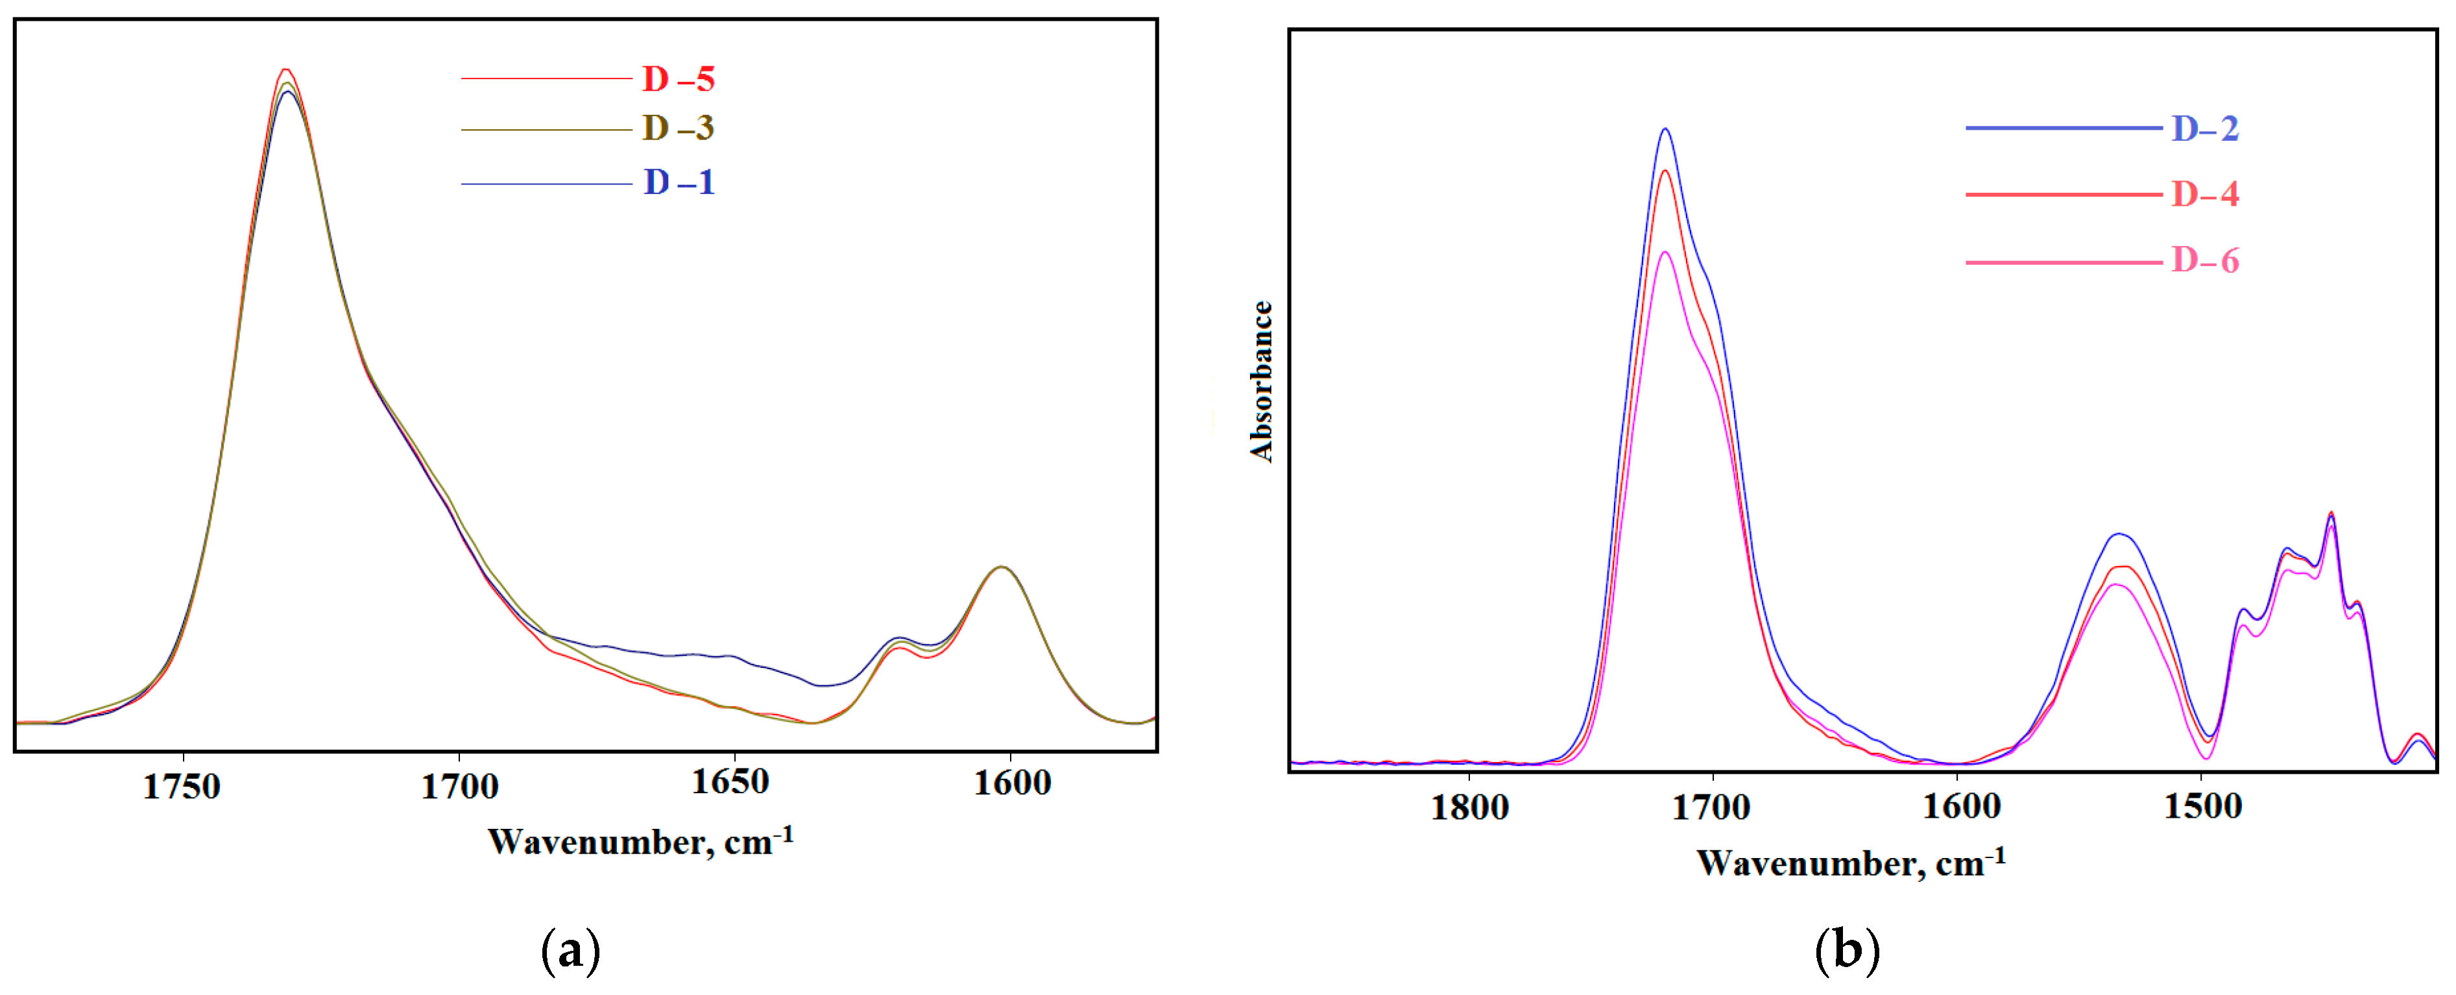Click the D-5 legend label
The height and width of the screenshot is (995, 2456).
pos(678,79)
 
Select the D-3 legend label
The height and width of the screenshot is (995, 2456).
pos(678,128)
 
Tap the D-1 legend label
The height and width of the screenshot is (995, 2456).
pos(679,182)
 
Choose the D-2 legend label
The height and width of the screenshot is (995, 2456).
pos(2204,128)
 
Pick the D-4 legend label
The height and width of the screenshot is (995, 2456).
pos(2204,195)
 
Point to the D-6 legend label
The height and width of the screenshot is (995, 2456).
pos(2204,260)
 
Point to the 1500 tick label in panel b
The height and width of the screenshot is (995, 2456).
pos(2202,807)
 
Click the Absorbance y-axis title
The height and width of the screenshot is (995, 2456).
pos(1261,382)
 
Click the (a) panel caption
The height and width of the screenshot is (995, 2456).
pos(570,951)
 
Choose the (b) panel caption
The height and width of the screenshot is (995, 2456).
pos(1847,951)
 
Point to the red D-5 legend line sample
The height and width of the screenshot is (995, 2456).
pos(546,79)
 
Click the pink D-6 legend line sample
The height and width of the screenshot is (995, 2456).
pos(2063,262)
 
